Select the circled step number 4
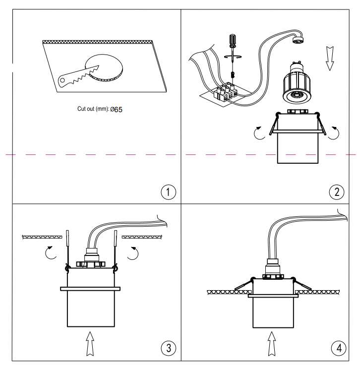tap(339, 348)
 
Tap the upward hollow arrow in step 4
tap(272, 342)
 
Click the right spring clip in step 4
tap(302, 285)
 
